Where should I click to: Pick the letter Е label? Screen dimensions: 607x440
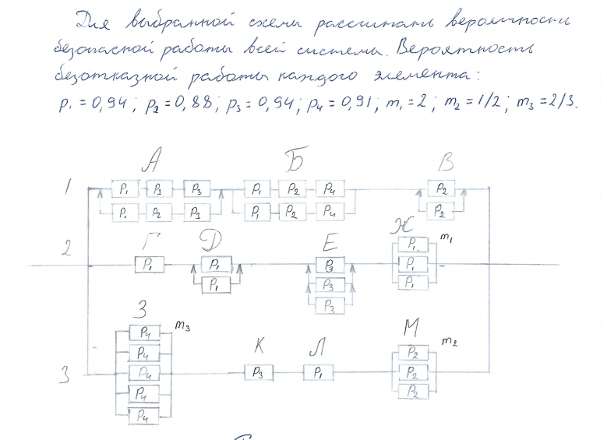point(329,241)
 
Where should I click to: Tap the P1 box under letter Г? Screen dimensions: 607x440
point(149,265)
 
